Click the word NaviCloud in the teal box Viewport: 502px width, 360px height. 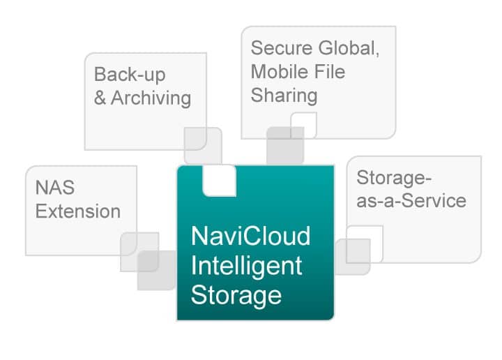[x=250, y=236]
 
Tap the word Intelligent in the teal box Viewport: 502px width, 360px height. [x=246, y=267]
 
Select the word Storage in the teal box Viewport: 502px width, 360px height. [x=236, y=296]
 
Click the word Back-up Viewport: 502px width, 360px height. [x=130, y=75]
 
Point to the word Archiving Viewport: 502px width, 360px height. [x=151, y=98]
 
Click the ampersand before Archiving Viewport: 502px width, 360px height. [x=100, y=98]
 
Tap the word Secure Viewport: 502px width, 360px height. [x=282, y=48]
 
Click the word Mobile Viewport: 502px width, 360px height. [x=279, y=71]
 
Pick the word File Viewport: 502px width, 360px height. [x=329, y=71]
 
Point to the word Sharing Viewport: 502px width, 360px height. [x=284, y=96]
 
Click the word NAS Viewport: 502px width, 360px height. [x=55, y=188]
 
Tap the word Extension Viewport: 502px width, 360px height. [x=78, y=211]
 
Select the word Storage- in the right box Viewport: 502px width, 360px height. [x=394, y=177]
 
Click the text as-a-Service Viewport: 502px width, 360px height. [x=411, y=201]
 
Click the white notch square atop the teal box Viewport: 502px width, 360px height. [x=220, y=180]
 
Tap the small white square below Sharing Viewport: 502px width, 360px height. [x=304, y=125]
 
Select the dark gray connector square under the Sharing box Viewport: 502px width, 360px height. [x=285, y=146]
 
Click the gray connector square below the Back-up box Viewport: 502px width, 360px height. [x=203, y=146]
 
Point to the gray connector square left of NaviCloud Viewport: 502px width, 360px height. [x=157, y=270]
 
